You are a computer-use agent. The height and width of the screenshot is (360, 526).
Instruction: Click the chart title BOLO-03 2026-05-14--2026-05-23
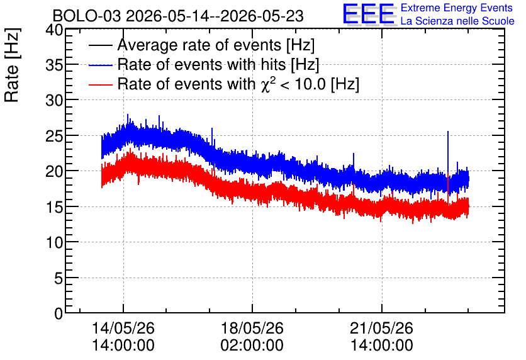tap(178, 16)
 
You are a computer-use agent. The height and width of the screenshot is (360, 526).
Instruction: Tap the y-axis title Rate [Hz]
tap(12, 65)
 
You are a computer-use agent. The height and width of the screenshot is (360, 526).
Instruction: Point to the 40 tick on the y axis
tap(54, 30)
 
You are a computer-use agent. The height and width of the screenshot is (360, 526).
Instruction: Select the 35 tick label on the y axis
tap(54, 65)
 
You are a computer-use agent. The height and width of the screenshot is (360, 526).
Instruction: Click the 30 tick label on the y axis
tap(54, 100)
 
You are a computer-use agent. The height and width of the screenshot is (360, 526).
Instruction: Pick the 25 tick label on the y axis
tap(54, 135)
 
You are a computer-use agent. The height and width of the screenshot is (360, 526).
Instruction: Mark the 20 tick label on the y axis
tap(54, 171)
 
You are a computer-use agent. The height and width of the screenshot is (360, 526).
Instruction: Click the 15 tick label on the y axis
tap(54, 206)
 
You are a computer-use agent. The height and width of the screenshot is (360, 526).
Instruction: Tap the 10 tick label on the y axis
tap(54, 242)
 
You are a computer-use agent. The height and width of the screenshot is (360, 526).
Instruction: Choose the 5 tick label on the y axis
tap(59, 278)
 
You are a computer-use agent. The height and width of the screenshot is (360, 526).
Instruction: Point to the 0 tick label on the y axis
tap(59, 313)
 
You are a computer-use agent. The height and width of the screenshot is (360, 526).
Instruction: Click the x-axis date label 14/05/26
tap(123, 328)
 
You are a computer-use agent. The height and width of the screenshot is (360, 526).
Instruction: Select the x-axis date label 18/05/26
tap(252, 328)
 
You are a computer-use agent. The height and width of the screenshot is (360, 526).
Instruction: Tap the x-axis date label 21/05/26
tap(382, 328)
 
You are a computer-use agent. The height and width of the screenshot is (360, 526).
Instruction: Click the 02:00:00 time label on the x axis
tap(252, 345)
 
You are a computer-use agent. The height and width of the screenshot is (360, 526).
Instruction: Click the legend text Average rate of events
tap(199, 45)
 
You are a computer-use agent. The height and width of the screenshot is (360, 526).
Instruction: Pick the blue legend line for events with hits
tap(101, 65)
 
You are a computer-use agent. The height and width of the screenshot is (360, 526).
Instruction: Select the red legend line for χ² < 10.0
tap(101, 85)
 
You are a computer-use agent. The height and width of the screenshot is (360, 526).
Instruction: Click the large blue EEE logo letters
tap(369, 14)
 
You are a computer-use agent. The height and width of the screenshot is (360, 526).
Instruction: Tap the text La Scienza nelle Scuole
tap(457, 21)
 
